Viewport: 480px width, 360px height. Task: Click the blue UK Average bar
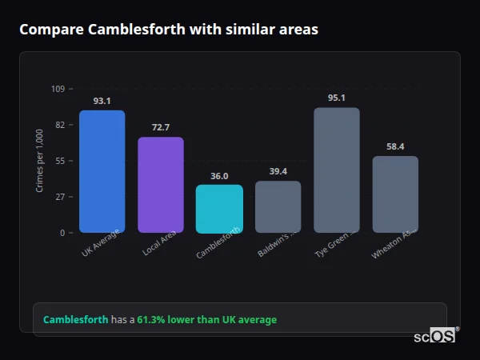pos(102,171)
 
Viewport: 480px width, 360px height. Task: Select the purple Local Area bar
pos(161,185)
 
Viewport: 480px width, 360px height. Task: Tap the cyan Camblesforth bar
pos(219,209)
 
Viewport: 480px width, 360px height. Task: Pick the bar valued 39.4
pos(278,206)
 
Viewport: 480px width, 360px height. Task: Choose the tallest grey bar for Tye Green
pos(337,170)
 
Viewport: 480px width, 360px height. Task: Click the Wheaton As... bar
pos(395,194)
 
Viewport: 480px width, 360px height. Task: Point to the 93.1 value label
pos(102,101)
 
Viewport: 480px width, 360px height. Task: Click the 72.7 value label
pos(161,127)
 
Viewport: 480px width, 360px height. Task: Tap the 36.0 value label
pos(219,176)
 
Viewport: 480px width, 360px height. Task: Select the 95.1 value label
pos(337,98)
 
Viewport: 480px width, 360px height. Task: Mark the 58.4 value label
pos(395,146)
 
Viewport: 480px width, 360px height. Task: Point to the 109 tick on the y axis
pos(58,89)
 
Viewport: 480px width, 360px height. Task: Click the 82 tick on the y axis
pos(60,125)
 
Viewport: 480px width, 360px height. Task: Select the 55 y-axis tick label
pos(60,161)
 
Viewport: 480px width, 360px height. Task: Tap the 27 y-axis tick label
pos(60,197)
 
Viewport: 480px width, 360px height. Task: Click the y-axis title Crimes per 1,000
pos(40,161)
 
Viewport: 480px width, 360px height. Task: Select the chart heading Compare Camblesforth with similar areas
pos(169,30)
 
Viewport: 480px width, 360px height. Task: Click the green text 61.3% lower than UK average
pos(206,320)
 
